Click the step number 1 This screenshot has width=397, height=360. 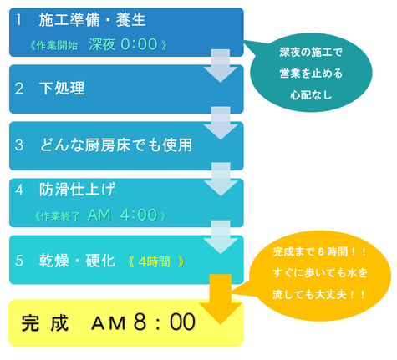coord(18,20)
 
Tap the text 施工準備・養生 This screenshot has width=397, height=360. coord(92,20)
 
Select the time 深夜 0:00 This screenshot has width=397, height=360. coord(123,44)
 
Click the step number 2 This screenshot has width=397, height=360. coord(19,89)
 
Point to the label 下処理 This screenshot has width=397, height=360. coord(62,89)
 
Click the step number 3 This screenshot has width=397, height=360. coord(19,145)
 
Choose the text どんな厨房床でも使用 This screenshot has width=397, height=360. coord(116,145)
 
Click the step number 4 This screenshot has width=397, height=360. coord(19,190)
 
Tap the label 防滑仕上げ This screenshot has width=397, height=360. coord(77,190)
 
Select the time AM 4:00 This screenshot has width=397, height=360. coord(122,215)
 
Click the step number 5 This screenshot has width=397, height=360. coord(19,261)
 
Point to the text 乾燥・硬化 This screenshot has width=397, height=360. coord(77,261)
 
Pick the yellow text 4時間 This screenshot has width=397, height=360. coord(154,261)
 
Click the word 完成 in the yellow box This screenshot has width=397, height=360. coord(44,323)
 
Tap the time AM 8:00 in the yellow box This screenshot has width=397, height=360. coord(143,322)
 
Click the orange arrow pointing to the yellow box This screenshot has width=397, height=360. coord(221,299)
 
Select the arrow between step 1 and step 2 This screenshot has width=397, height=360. coord(221,66)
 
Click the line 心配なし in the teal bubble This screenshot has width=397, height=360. coord(311,95)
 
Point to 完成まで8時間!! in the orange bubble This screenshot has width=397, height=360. coord(319,252)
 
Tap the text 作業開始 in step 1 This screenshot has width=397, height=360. coord(57,45)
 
